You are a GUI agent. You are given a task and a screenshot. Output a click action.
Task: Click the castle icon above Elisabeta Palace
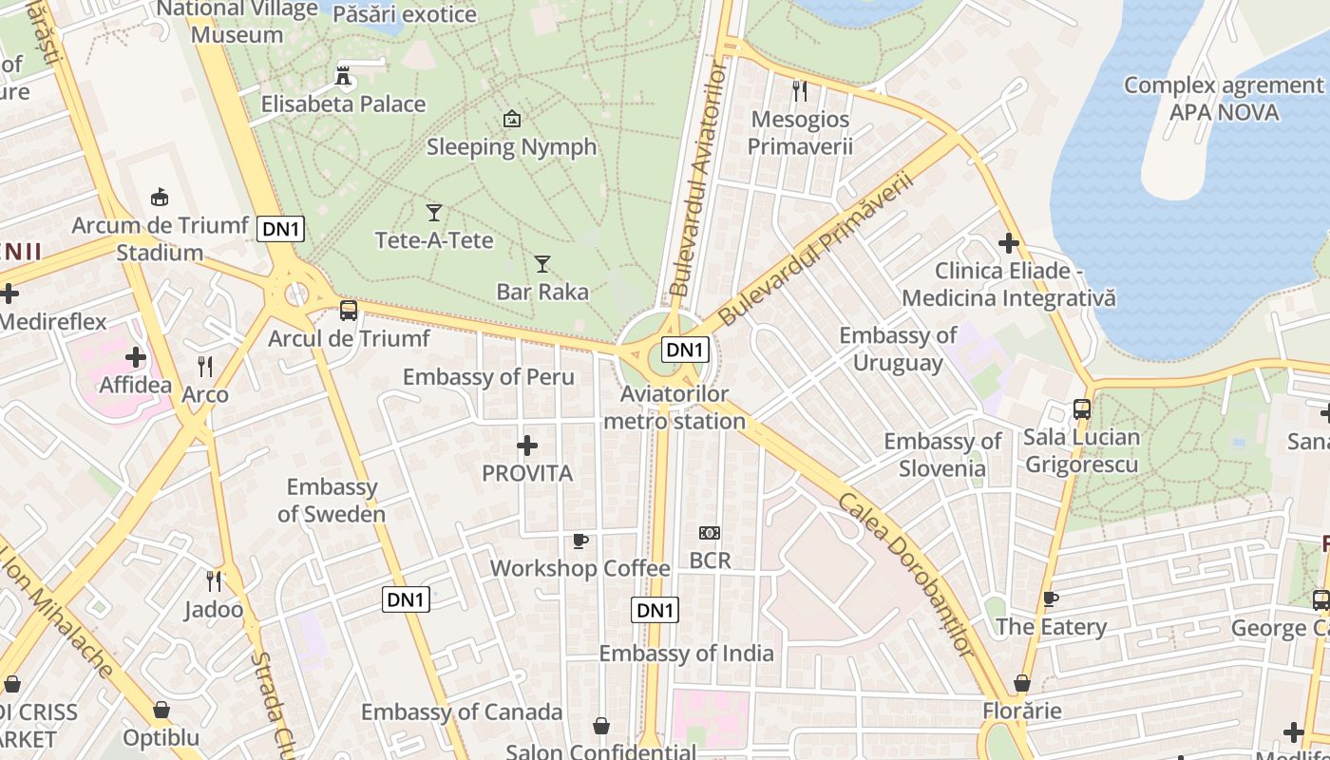(344, 74)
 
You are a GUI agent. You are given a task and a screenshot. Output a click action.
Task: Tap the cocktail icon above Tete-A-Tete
(434, 212)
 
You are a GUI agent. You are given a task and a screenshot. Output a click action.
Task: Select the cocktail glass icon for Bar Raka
(542, 263)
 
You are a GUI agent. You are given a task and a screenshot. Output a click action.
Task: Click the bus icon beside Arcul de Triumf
(349, 310)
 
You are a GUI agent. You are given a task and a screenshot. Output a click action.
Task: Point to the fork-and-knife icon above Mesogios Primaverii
(800, 91)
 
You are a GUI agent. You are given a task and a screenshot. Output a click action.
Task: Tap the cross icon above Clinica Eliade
(1009, 244)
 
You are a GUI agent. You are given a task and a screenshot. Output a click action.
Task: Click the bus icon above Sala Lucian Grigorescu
(1082, 409)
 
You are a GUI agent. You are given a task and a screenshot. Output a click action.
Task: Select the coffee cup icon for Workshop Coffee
(579, 541)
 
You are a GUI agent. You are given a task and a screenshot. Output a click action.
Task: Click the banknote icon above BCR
(710, 533)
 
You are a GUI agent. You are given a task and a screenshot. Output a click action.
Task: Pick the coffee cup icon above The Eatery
(1051, 598)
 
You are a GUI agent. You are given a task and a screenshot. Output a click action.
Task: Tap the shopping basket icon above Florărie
(1022, 683)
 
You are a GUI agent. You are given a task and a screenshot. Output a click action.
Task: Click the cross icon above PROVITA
(527, 445)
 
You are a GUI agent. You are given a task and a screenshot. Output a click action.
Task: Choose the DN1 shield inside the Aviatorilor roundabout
(685, 350)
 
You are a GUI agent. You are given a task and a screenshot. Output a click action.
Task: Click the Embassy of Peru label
(488, 377)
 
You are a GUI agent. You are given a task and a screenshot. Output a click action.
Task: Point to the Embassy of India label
(686, 654)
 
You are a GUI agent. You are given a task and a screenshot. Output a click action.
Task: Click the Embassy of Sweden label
(332, 501)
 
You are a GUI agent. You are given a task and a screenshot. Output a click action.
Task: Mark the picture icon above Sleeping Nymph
(512, 119)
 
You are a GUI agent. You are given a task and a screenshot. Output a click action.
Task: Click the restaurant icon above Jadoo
(215, 579)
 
